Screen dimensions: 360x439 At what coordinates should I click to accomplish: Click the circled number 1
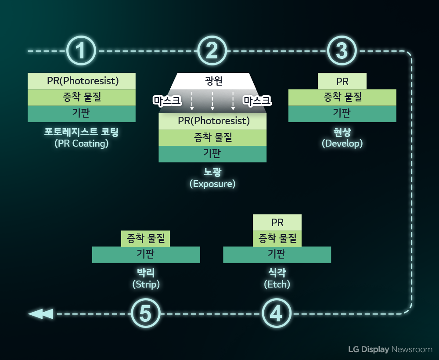click(x=81, y=51)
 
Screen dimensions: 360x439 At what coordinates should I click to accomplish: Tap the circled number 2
click(x=212, y=51)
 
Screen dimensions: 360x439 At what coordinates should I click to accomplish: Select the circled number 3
click(x=342, y=51)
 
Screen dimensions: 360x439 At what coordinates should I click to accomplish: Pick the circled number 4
click(x=277, y=314)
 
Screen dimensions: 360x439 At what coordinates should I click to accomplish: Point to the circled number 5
click(x=146, y=314)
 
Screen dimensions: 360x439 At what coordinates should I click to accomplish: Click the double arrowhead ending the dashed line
click(x=40, y=314)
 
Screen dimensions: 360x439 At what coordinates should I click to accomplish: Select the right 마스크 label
click(x=258, y=101)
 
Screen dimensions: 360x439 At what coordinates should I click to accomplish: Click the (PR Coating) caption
click(x=82, y=144)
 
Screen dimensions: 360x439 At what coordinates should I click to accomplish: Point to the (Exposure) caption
click(x=212, y=184)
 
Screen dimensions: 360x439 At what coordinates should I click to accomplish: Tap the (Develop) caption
click(x=342, y=144)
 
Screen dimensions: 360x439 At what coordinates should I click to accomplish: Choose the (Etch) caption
click(x=277, y=284)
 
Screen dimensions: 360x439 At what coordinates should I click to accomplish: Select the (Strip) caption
click(x=146, y=284)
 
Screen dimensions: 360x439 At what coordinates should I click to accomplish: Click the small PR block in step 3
click(x=342, y=82)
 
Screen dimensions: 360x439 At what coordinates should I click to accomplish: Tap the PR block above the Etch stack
click(x=277, y=223)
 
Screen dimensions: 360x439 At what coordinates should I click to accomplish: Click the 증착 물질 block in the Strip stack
click(x=146, y=239)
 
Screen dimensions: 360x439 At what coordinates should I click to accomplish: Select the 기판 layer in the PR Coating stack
click(x=82, y=114)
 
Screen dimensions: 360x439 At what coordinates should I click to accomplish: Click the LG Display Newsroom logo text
click(x=390, y=349)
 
